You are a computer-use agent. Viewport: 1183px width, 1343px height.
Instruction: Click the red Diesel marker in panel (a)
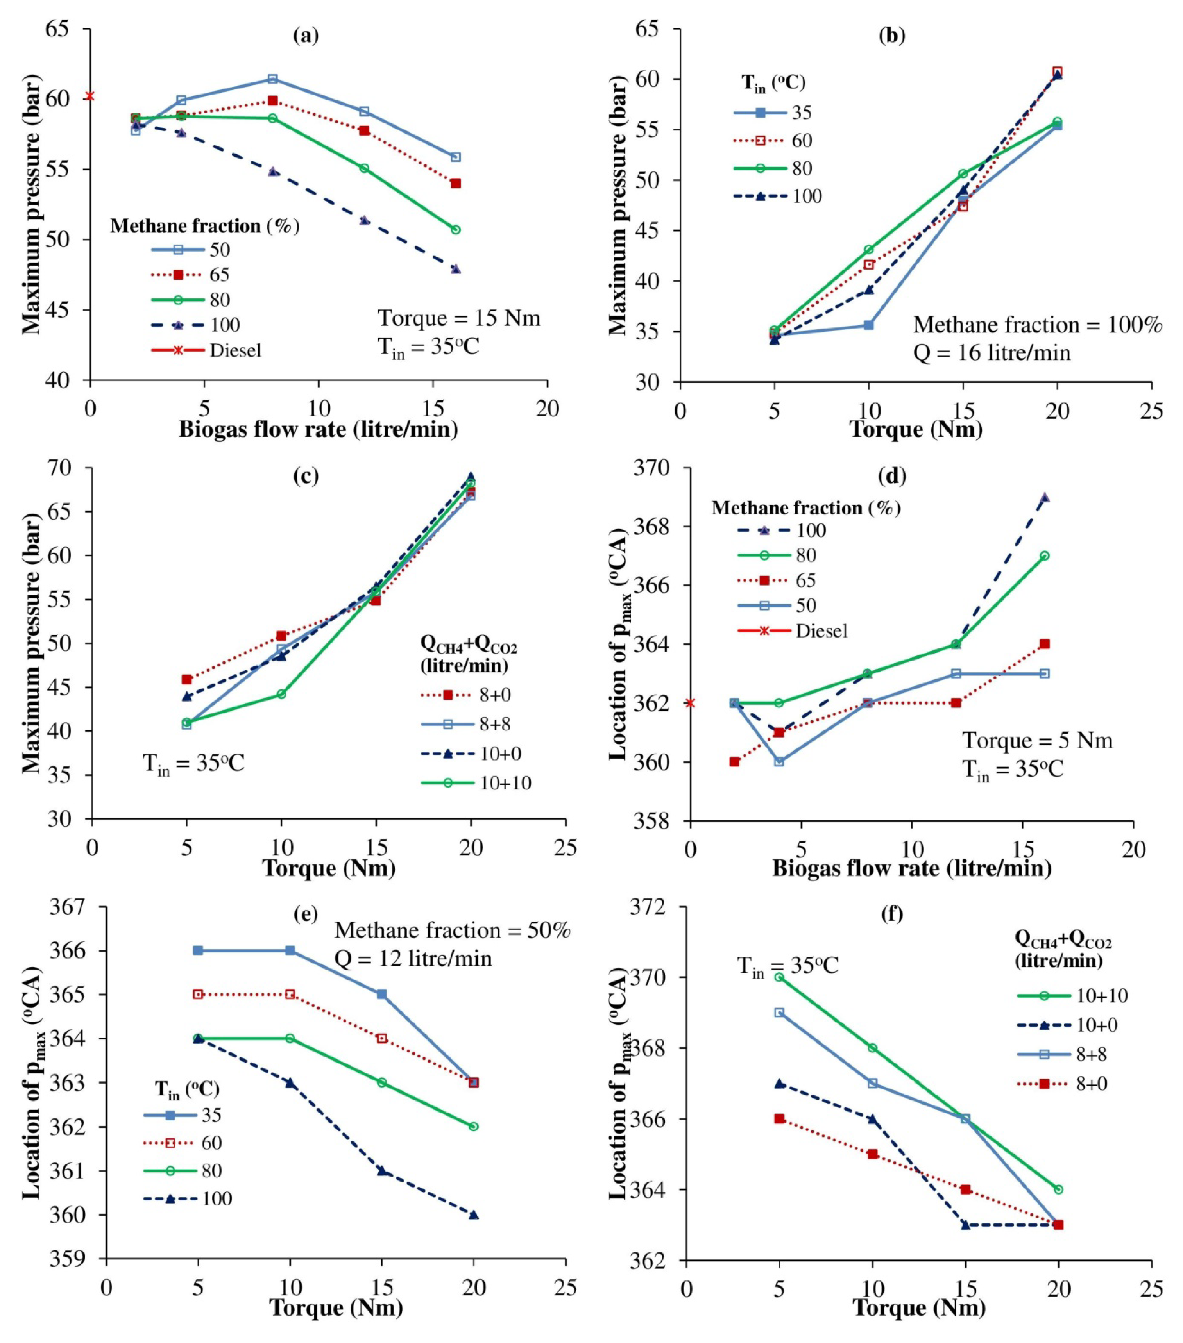pos(90,96)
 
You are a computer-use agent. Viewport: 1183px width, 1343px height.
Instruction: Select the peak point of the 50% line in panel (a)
pos(273,79)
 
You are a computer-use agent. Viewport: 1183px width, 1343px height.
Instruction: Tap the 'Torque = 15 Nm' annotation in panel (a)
pos(459,318)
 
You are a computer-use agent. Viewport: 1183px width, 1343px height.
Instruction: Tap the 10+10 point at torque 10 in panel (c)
pos(281,694)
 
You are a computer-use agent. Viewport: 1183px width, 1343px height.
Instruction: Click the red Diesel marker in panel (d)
pos(689,703)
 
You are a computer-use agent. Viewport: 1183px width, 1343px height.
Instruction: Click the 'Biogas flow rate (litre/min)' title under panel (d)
pos(911,869)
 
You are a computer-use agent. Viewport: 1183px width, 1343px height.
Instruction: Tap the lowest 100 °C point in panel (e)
pos(473,1215)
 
